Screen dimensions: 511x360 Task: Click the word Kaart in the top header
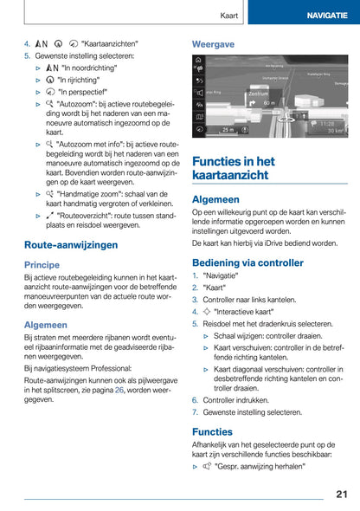[229, 16]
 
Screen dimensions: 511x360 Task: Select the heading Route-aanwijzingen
[71, 245]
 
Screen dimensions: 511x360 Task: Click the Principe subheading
[42, 265]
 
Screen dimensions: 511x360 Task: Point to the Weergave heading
[213, 42]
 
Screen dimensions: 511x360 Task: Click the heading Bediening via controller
[247, 262]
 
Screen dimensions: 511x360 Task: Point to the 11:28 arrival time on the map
[327, 123]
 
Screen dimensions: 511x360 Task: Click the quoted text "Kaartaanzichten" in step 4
[110, 42]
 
